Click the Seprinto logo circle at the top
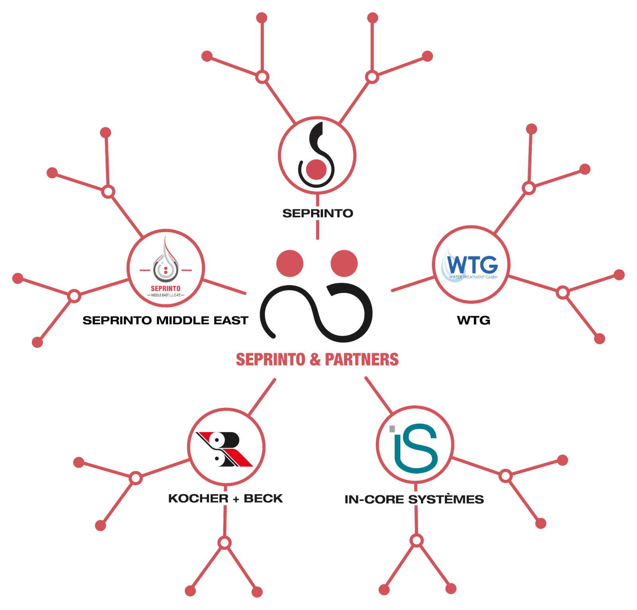(317, 155)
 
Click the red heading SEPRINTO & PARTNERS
(317, 360)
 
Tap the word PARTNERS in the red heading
(362, 360)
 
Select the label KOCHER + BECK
(225, 498)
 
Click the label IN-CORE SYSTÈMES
(414, 499)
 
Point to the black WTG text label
(473, 320)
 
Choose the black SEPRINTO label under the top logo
(318, 213)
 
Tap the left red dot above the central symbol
(290, 263)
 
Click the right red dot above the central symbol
(344, 263)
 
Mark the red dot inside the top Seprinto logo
(317, 170)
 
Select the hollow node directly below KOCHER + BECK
(225, 542)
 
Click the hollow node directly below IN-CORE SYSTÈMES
(416, 540)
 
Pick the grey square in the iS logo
(392, 429)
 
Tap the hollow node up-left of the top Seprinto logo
(262, 77)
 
